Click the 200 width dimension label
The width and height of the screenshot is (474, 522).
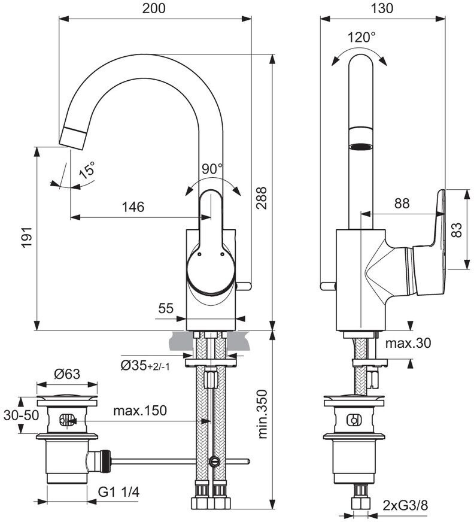click(154, 8)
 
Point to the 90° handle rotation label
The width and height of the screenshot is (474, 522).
click(212, 169)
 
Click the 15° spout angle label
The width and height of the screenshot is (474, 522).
click(87, 170)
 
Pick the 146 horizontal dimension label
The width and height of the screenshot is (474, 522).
click(133, 207)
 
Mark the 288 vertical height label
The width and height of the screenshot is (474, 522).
click(262, 198)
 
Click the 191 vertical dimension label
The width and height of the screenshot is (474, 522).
click(26, 237)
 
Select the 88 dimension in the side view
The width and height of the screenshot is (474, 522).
click(402, 203)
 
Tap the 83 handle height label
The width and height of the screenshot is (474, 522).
click(457, 230)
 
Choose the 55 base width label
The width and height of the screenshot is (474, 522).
click(166, 308)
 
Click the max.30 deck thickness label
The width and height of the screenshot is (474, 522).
click(408, 343)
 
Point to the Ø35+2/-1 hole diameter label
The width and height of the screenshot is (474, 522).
click(145, 366)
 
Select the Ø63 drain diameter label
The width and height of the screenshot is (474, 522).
click(67, 374)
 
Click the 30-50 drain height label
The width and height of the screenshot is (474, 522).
click(22, 415)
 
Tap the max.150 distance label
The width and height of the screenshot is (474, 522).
click(140, 411)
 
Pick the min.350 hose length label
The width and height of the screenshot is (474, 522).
click(262, 414)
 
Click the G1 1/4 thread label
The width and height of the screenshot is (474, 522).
click(119, 492)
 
